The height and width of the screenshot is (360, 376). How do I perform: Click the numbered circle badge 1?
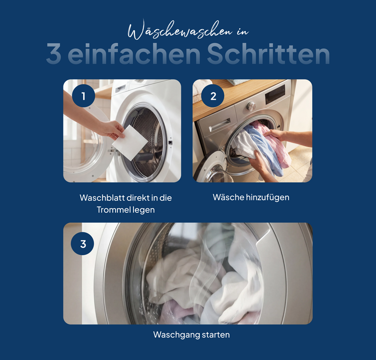tap(84, 96)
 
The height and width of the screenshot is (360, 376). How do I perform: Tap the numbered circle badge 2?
tap(213, 96)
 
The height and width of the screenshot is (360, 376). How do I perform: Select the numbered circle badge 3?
tap(83, 244)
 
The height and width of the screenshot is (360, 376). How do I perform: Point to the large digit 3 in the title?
tap(54, 55)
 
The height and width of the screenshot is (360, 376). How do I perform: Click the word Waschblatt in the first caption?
tap(100, 198)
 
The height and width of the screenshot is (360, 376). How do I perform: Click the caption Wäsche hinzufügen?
tap(251, 197)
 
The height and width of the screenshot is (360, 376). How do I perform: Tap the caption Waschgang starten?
tap(191, 335)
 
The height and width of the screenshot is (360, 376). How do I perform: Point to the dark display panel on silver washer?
tap(274, 95)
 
